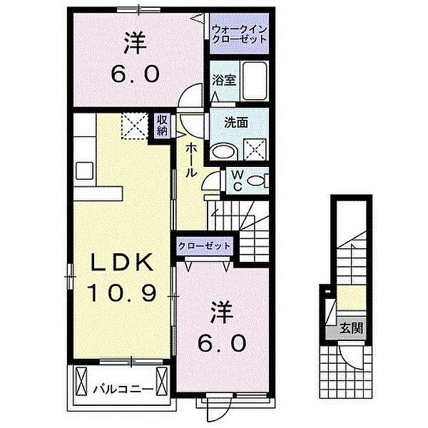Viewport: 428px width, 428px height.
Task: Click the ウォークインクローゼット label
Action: [x=240, y=34]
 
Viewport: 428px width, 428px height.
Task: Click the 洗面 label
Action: [x=238, y=121]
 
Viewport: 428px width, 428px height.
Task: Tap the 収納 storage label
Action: [x=162, y=126]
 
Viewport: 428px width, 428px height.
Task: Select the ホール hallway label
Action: [x=193, y=160]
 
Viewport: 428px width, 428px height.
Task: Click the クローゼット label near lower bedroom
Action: [x=205, y=245]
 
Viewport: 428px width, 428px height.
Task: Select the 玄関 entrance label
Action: [x=350, y=329]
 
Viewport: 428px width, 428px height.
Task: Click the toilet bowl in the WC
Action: [x=261, y=180]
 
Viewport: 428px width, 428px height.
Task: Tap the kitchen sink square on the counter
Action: [x=83, y=170]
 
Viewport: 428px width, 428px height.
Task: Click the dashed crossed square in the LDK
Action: [x=132, y=127]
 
